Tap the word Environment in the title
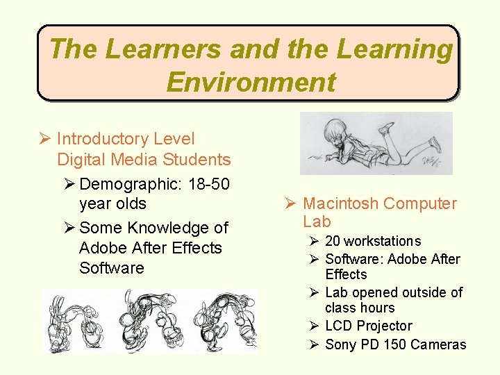[251, 82]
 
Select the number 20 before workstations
[333, 241]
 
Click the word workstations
[383, 241]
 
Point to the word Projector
[385, 326]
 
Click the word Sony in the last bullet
[340, 344]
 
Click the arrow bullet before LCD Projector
[314, 326]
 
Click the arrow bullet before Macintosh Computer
[290, 203]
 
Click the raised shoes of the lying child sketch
[410, 132]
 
